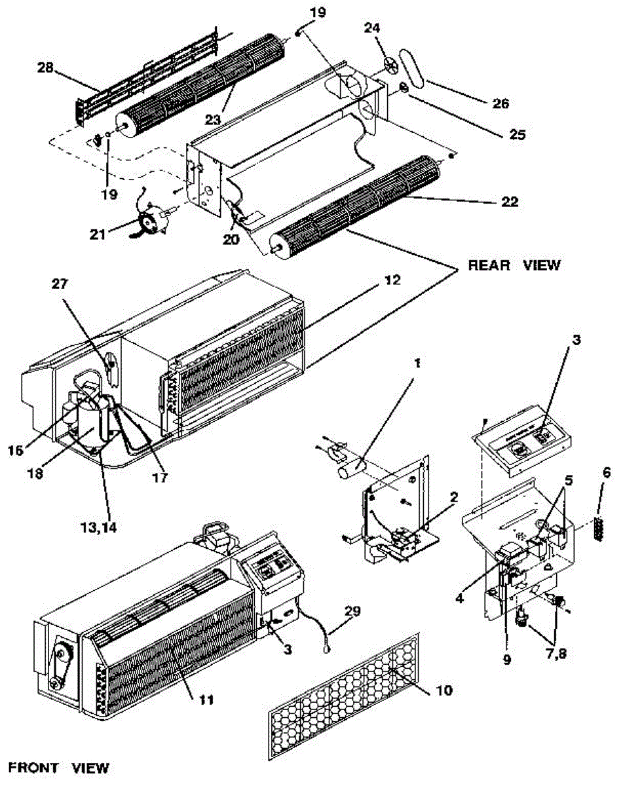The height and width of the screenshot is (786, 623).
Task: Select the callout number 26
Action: pyautogui.click(x=500, y=103)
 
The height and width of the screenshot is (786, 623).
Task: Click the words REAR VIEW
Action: pyautogui.click(x=514, y=265)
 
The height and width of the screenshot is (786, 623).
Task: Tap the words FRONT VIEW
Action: pyautogui.click(x=58, y=768)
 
